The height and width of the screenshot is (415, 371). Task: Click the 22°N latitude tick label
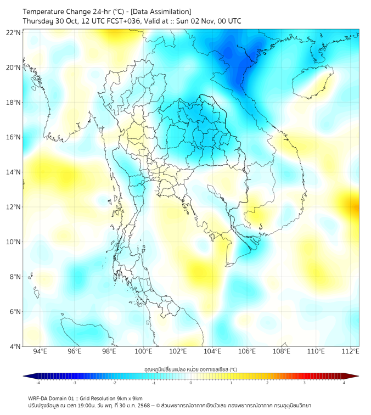tap(14, 32)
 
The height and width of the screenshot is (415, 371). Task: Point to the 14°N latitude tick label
tap(14, 172)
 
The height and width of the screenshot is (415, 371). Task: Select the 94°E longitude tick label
tap(40, 351)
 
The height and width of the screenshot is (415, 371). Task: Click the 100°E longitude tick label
tap(143, 351)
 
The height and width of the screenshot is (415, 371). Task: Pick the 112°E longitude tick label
tap(350, 351)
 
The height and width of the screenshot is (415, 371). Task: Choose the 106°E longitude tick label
tap(247, 351)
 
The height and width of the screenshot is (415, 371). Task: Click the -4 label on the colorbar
tap(38, 383)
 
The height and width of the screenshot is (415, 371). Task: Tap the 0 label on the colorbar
tap(191, 383)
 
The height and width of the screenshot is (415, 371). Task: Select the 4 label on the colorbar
tap(344, 383)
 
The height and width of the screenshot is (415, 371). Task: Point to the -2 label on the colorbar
tap(114, 383)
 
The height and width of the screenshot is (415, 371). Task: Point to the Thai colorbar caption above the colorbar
tap(190, 369)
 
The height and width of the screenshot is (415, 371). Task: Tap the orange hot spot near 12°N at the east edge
tap(352, 207)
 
